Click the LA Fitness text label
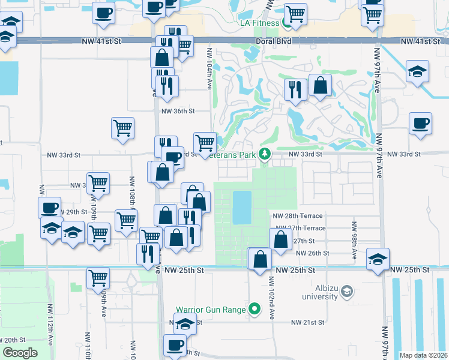pos(256,23)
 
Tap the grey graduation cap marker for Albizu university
pos(346,292)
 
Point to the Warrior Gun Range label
pos(211,310)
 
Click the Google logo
pos(20,352)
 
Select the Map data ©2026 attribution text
pos(423,355)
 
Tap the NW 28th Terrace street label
pos(298,216)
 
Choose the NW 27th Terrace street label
pos(307,229)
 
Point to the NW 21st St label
pos(307,322)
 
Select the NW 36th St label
pos(178,111)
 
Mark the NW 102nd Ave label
pos(271,293)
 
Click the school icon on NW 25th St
pos(378,260)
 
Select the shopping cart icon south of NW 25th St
pos(98,278)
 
